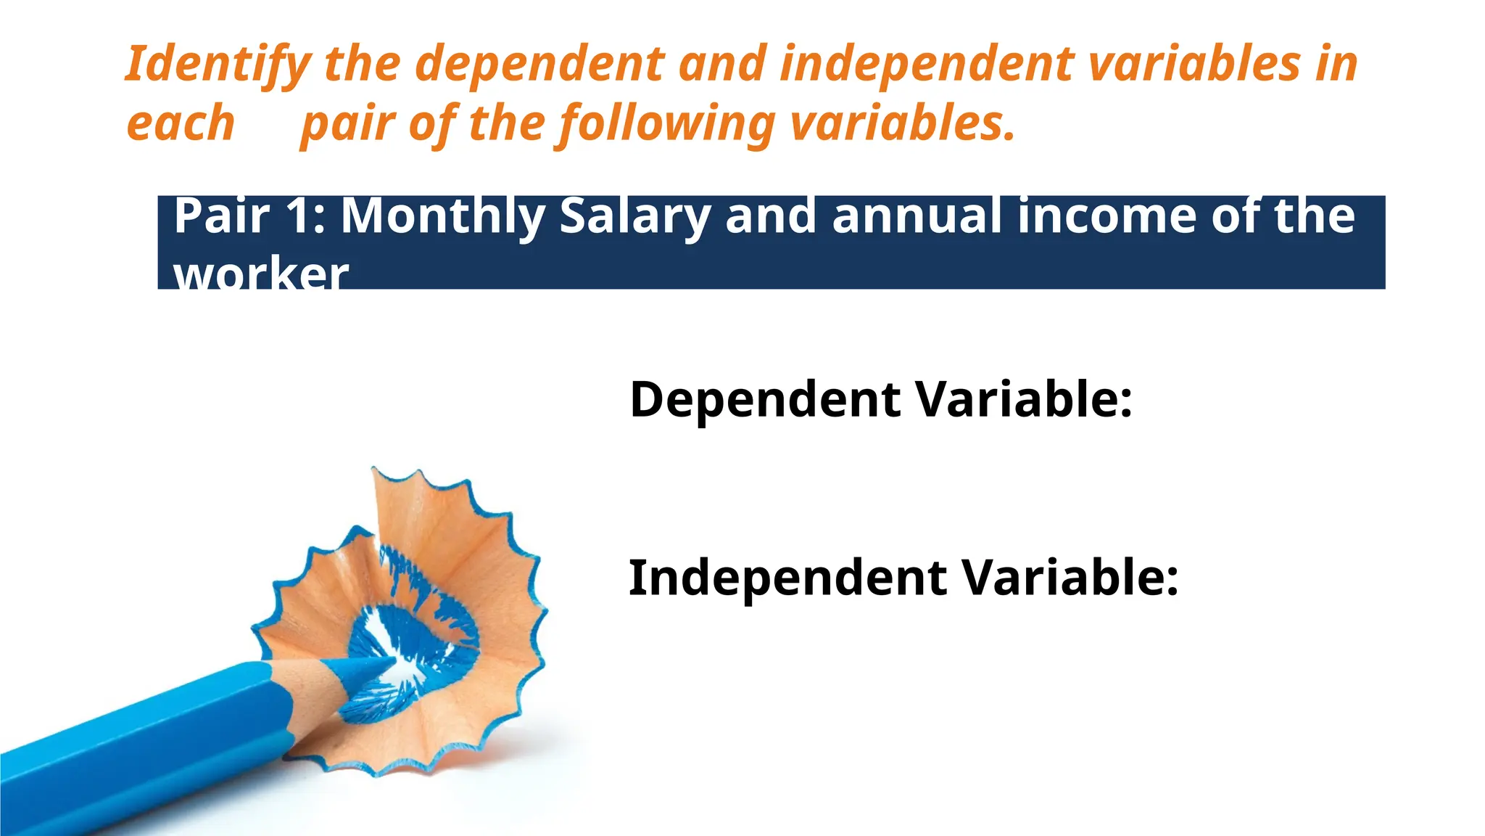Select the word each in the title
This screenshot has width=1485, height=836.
181,123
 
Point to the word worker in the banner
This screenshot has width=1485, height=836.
261,274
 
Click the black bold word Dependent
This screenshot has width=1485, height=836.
765,401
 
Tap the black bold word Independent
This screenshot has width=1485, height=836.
787,578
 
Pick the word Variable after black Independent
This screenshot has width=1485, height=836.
1070,578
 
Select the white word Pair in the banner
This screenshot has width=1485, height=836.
221,216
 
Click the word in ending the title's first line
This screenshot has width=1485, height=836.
1334,64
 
